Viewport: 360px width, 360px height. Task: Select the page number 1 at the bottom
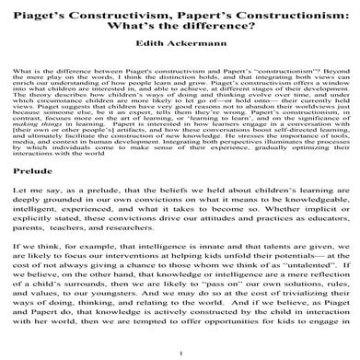[180, 353]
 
